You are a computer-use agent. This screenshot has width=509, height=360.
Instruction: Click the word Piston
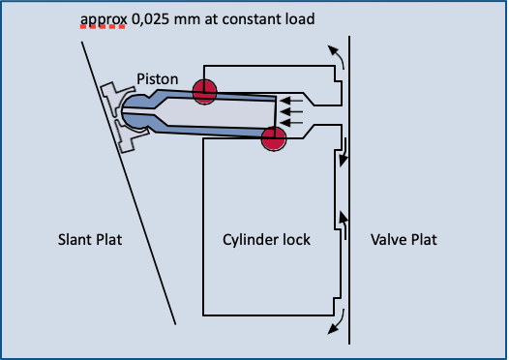[x=158, y=79]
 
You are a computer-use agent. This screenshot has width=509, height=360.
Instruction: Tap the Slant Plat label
[x=90, y=240]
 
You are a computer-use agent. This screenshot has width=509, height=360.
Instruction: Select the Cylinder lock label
[x=266, y=240]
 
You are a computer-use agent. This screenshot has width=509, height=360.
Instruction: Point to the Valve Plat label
[x=404, y=240]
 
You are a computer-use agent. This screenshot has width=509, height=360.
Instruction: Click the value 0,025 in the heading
[x=150, y=19]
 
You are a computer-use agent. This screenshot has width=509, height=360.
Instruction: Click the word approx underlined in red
[x=104, y=20]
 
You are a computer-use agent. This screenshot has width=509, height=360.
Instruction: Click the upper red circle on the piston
[x=204, y=92]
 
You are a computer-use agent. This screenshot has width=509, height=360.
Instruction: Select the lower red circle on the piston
[x=274, y=138]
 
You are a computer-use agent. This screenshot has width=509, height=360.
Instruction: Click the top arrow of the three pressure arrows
[x=291, y=101]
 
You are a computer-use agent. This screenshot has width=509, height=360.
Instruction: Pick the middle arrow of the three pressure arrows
[x=291, y=112]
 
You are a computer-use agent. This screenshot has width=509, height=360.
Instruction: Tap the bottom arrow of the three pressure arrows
[x=291, y=123]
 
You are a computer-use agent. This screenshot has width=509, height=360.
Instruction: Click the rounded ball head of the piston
[x=134, y=110]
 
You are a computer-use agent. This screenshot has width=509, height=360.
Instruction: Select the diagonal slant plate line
[x=129, y=183]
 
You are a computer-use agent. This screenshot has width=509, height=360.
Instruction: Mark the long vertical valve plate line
[x=349, y=190]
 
